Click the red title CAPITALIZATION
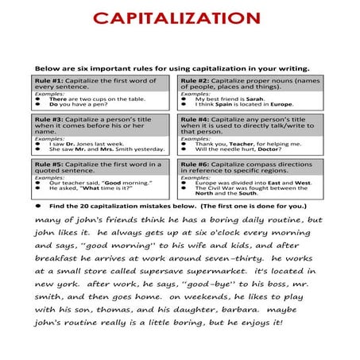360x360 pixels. (180, 17)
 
